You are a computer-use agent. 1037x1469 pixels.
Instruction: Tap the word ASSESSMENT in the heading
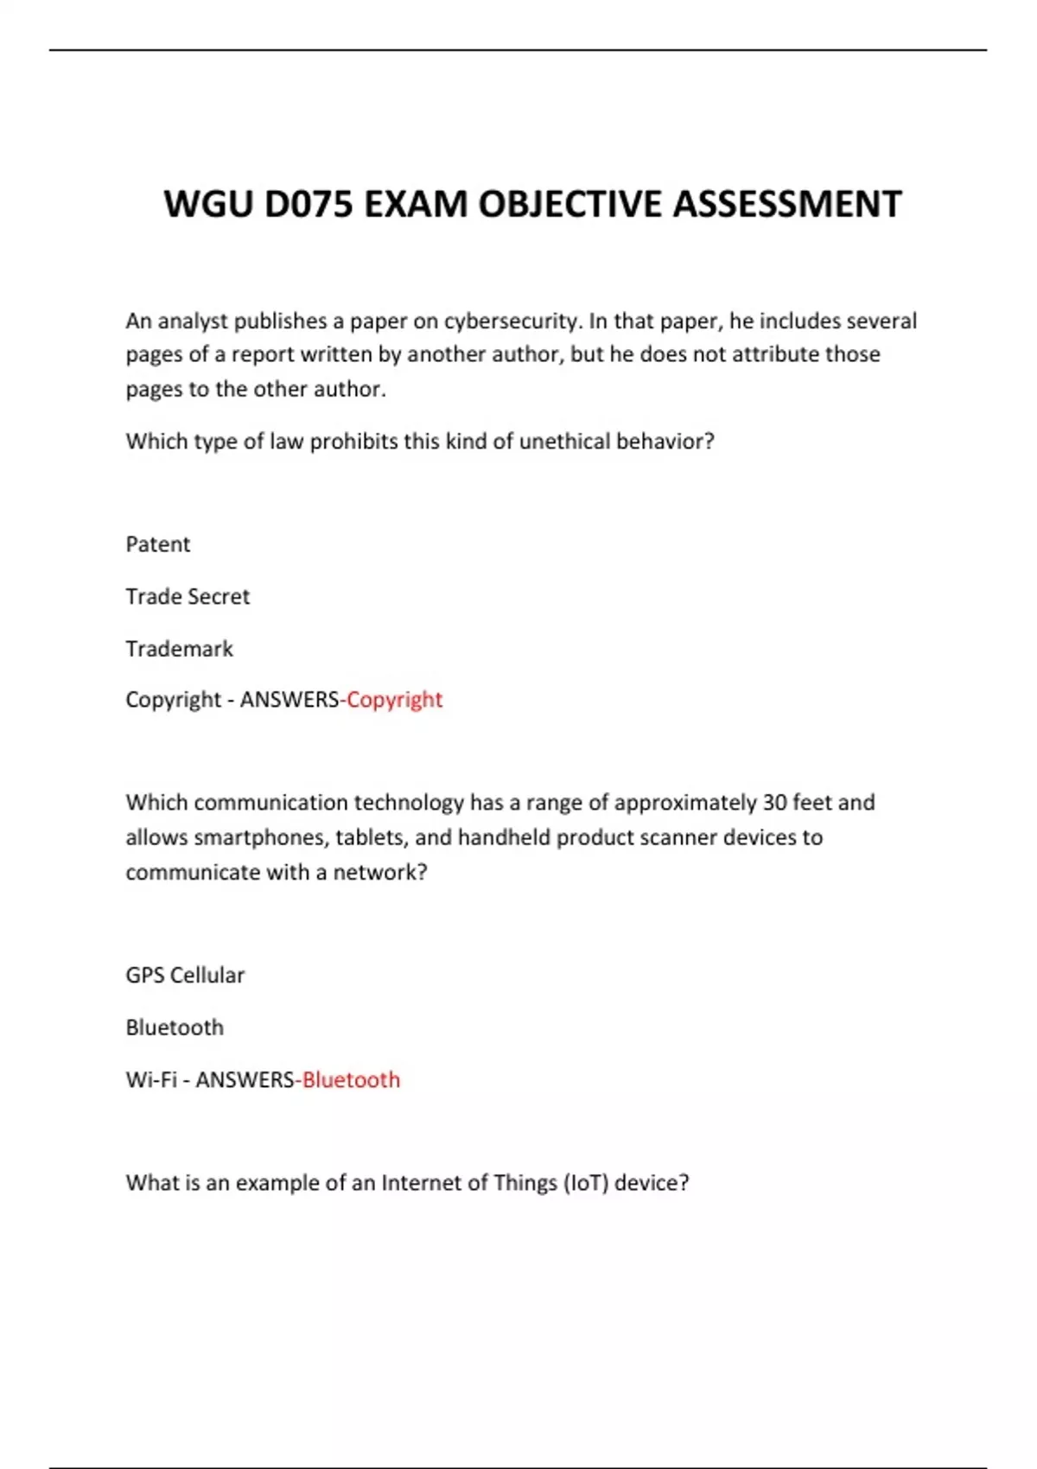coord(786,205)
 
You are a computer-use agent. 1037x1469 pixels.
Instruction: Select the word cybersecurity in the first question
coord(510,321)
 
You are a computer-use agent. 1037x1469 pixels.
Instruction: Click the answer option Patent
coord(157,544)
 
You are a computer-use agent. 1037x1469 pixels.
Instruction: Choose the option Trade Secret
coord(188,596)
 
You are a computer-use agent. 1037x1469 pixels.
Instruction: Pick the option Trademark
coord(179,649)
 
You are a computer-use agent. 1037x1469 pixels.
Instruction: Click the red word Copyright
coord(394,699)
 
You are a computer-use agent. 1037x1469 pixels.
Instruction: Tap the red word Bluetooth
coord(351,1080)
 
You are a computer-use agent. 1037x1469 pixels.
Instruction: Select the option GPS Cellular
coord(185,976)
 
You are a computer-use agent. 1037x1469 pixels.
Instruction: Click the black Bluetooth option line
coord(175,1027)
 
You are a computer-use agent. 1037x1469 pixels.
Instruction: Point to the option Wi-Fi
coord(150,1080)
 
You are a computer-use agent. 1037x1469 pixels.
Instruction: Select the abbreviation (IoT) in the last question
coord(586,1183)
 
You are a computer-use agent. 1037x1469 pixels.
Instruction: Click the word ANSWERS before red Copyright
coord(289,699)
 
